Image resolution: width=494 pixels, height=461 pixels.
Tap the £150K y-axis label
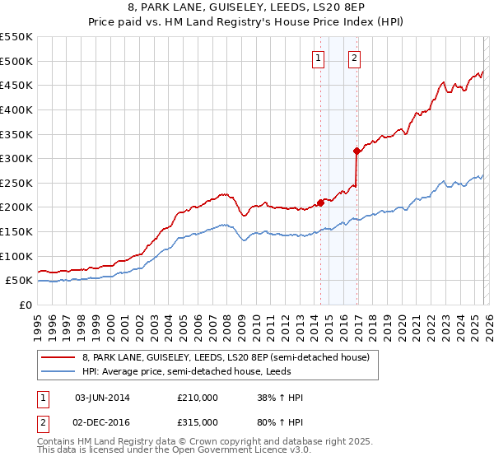click(16, 232)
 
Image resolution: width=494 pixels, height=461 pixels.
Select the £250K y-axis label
click(16, 183)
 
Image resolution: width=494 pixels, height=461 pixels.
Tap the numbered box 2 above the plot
click(355, 58)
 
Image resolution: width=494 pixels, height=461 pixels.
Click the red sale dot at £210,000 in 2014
click(319, 203)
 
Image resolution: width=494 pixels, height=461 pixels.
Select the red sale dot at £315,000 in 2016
click(356, 151)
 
